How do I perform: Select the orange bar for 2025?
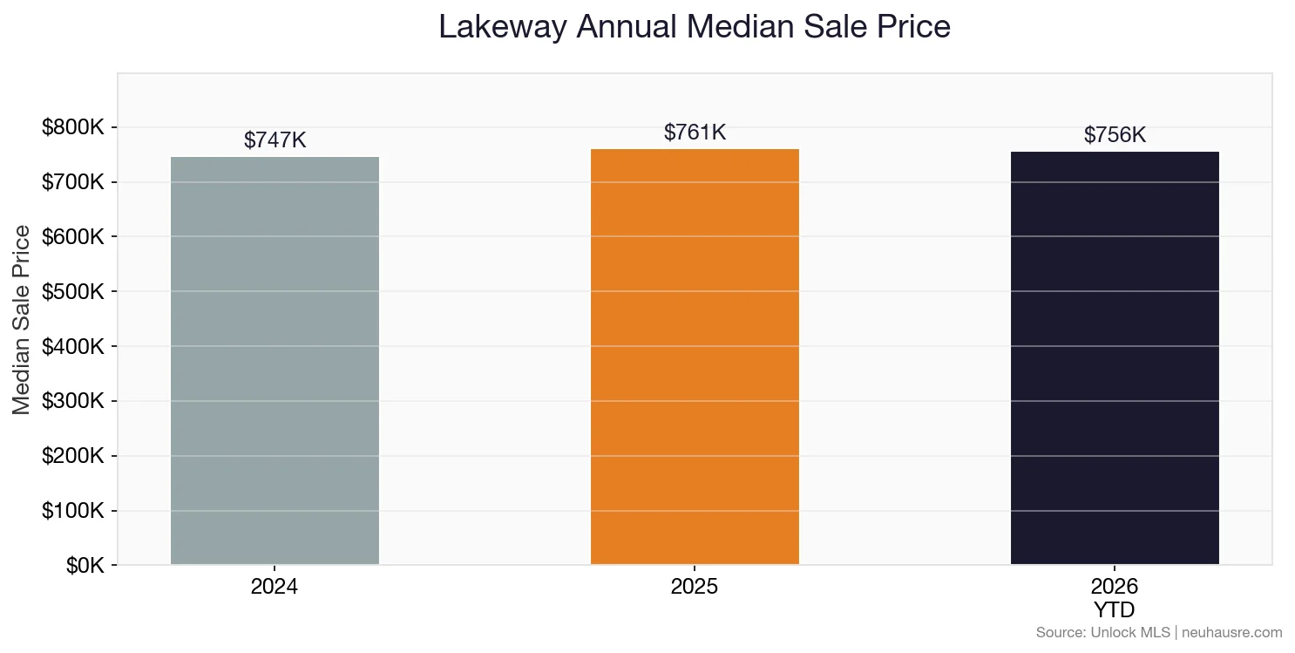[695, 357]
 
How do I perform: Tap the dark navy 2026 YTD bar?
[1115, 358]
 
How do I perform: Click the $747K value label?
[275, 140]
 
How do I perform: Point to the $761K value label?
[695, 133]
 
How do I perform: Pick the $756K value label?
[1115, 135]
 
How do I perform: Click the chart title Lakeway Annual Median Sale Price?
[694, 26]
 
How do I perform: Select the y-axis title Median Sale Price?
[22, 320]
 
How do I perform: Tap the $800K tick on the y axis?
[73, 128]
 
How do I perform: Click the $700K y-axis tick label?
[73, 183]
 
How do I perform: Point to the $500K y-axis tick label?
[73, 292]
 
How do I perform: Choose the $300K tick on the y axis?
[73, 402]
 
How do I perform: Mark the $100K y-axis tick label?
[73, 511]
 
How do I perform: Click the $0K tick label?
[85, 566]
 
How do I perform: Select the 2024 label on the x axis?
[275, 587]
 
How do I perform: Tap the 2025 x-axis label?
[695, 587]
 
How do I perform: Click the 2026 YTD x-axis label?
[1115, 597]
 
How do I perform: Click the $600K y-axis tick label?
[73, 237]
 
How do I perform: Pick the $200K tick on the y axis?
[73, 456]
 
